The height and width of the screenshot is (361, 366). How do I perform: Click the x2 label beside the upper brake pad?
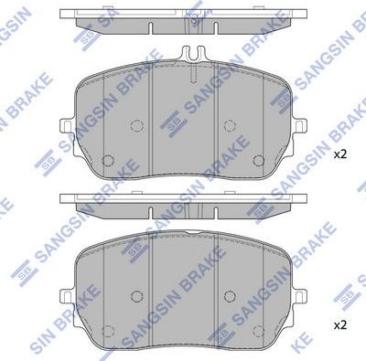339,155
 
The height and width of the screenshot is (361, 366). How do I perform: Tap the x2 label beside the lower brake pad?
339,324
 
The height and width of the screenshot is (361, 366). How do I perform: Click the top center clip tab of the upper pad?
192,55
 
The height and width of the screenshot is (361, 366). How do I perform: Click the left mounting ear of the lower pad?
65,294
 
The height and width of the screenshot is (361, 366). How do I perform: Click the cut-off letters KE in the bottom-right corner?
352,349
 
